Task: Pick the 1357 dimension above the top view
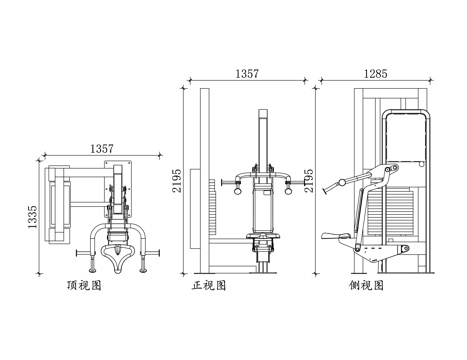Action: [x=102, y=147]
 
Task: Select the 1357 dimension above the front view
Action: [x=249, y=74]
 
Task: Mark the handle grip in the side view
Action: [x=340, y=183]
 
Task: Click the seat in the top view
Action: [x=122, y=252]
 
